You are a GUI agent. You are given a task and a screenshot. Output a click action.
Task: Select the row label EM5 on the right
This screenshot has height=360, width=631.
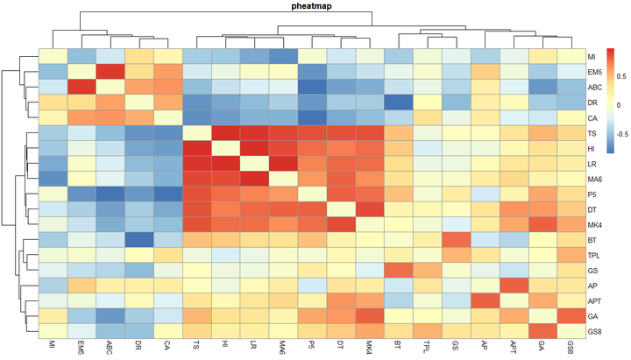594,72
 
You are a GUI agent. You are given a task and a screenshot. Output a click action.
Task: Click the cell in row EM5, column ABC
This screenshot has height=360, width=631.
110,72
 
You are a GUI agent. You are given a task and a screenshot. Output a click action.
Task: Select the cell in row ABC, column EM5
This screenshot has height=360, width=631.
81,87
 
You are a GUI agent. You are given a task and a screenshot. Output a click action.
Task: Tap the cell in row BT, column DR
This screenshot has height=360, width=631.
138,240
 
